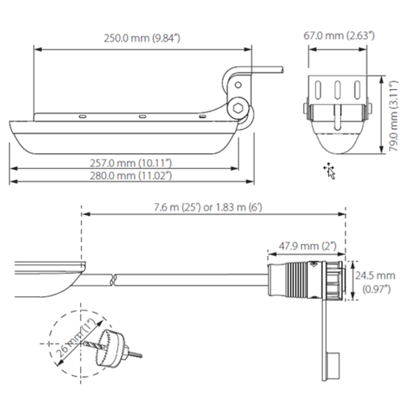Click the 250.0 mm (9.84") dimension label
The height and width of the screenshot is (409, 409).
pyautogui.click(x=142, y=38)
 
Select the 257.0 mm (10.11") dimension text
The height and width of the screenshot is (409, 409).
pyautogui.click(x=131, y=163)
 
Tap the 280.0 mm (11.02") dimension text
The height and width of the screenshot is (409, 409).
pyautogui.click(x=131, y=176)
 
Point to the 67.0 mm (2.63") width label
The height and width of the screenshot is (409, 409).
pyautogui.click(x=339, y=35)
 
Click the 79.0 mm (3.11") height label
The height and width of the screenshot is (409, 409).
pyautogui.click(x=394, y=116)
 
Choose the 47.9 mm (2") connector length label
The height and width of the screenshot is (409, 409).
pyautogui.click(x=308, y=246)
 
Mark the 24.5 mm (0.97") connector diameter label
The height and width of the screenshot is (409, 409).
pyautogui.click(x=375, y=282)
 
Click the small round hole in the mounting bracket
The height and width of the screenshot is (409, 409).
pyautogui.click(x=238, y=85)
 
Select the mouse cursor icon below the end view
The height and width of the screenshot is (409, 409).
pyautogui.click(x=330, y=170)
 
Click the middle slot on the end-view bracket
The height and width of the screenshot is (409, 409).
pyautogui.click(x=337, y=89)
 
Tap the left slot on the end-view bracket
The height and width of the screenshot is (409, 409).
pyautogui.click(x=318, y=89)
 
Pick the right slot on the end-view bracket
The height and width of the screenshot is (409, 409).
pyautogui.click(x=357, y=89)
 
